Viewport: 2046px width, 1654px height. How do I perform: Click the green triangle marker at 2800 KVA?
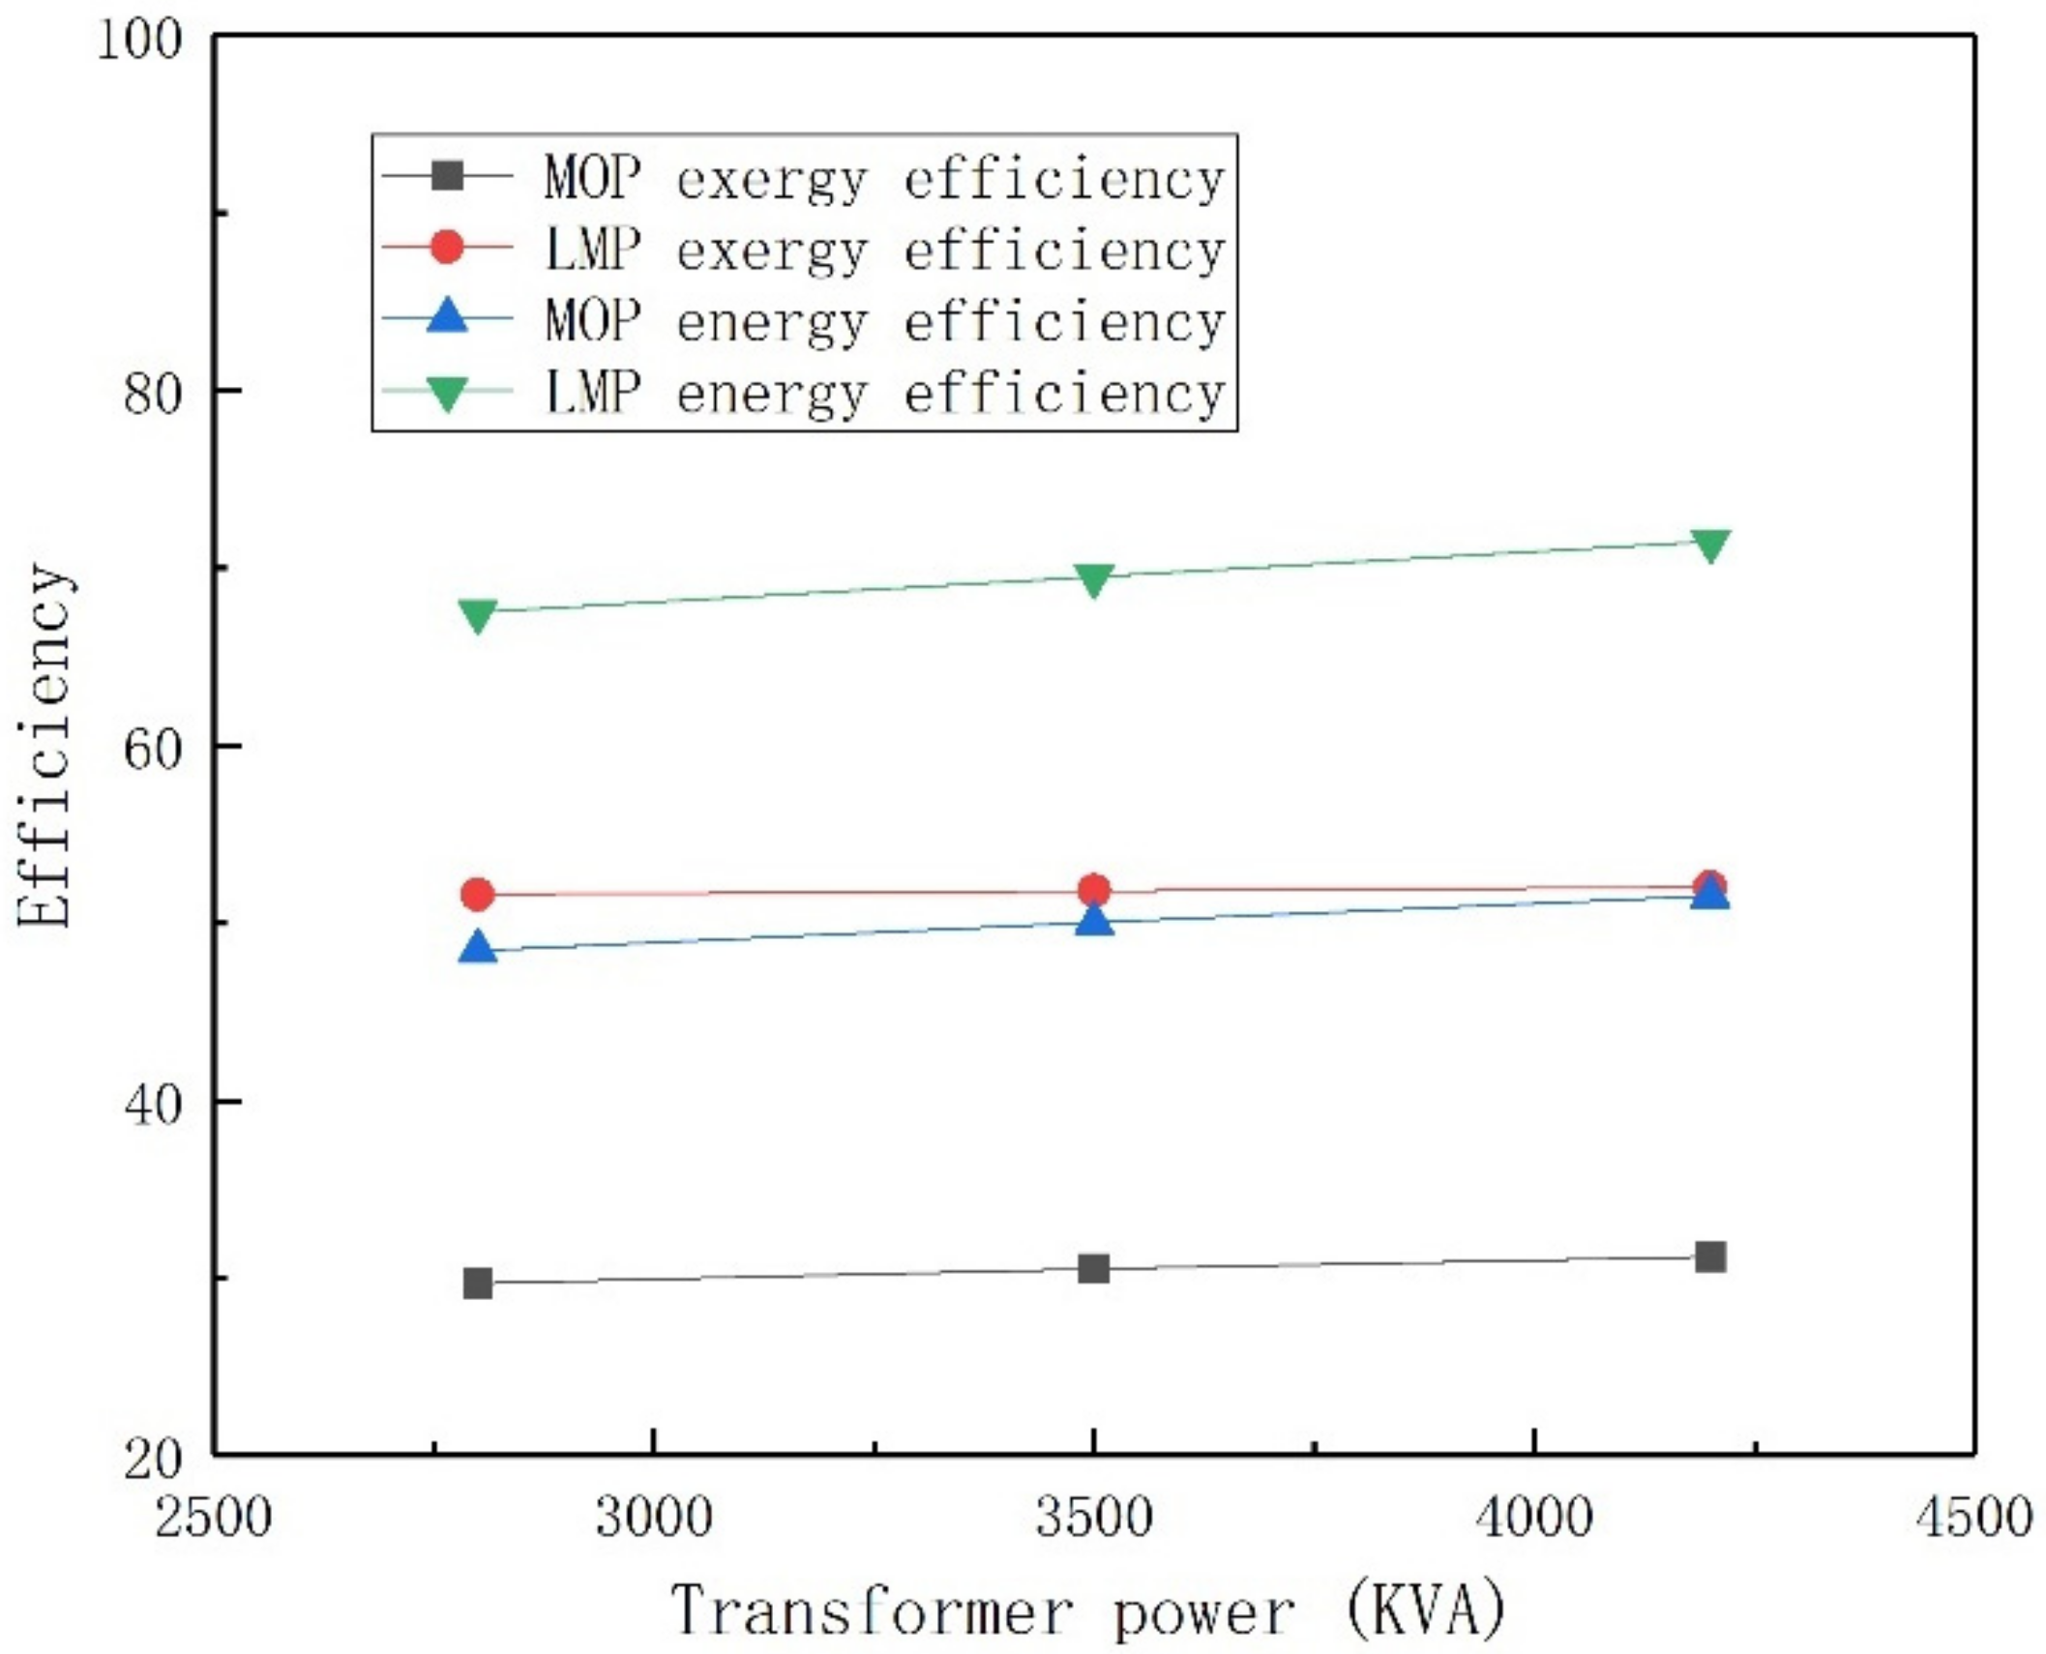[x=478, y=614]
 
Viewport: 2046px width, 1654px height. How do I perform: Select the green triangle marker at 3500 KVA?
[x=1094, y=579]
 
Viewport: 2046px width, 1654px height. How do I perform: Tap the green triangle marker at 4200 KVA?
[x=1710, y=545]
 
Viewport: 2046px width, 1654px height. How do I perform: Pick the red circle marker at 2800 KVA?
[x=478, y=895]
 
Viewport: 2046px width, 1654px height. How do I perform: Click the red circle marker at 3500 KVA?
[x=1094, y=890]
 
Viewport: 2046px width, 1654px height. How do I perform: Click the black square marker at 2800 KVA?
[x=478, y=1284]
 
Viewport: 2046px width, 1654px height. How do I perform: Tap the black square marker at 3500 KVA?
[x=1094, y=1268]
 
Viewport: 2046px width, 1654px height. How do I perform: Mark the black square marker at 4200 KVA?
[x=1710, y=1256]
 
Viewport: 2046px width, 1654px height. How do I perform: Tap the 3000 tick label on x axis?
[x=654, y=1517]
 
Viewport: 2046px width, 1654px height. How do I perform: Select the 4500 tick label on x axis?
[x=1973, y=1517]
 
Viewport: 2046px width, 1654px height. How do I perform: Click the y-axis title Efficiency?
[x=45, y=745]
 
